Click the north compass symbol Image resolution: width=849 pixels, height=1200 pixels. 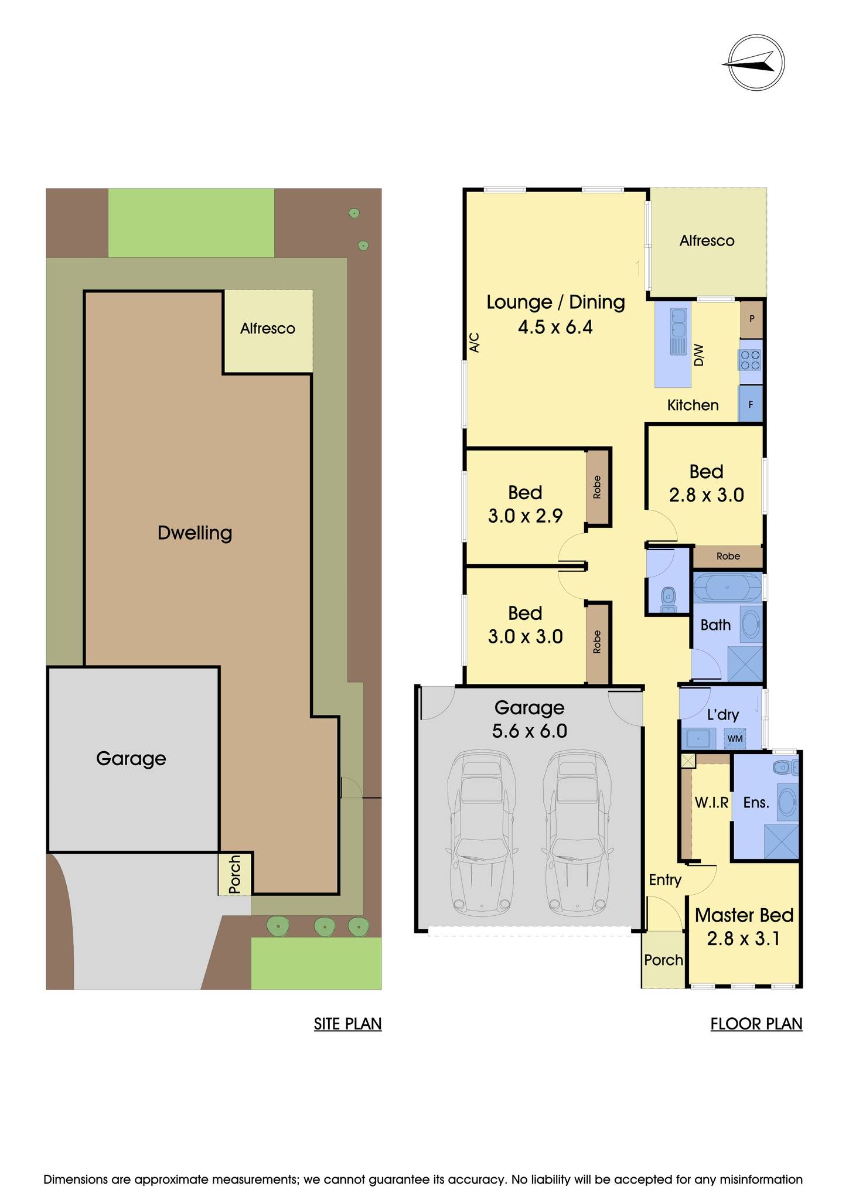click(753, 62)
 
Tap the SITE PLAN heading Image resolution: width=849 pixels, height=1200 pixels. click(347, 1024)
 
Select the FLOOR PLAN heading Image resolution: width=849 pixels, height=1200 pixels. click(756, 1024)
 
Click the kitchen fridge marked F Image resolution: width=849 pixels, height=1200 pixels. click(751, 404)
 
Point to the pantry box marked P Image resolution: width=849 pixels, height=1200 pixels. click(752, 319)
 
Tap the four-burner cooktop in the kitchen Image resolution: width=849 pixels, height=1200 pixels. click(749, 359)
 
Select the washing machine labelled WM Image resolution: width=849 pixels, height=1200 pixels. click(735, 738)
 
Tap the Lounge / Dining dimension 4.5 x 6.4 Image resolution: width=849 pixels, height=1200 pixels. click(555, 326)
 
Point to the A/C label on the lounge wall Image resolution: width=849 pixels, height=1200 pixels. click(475, 343)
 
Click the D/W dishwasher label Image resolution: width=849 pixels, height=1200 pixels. click(698, 355)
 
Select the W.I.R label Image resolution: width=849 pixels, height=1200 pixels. click(711, 803)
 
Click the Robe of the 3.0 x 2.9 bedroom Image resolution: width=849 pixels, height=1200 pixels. click(597, 487)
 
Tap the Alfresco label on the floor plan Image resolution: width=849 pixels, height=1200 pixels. click(707, 241)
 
